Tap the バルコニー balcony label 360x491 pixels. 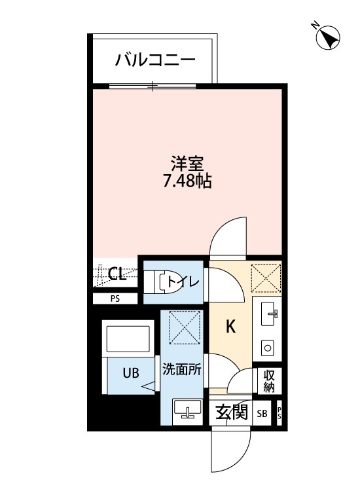coord(155,62)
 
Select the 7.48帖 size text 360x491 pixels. coord(187,181)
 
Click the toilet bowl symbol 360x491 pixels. coord(159,282)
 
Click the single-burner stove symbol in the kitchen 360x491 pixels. coord(267,347)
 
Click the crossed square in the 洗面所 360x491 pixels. coord(185,327)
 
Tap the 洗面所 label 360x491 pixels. coord(182,369)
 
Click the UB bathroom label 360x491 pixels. coord(131,373)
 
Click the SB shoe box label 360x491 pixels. coord(262,414)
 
